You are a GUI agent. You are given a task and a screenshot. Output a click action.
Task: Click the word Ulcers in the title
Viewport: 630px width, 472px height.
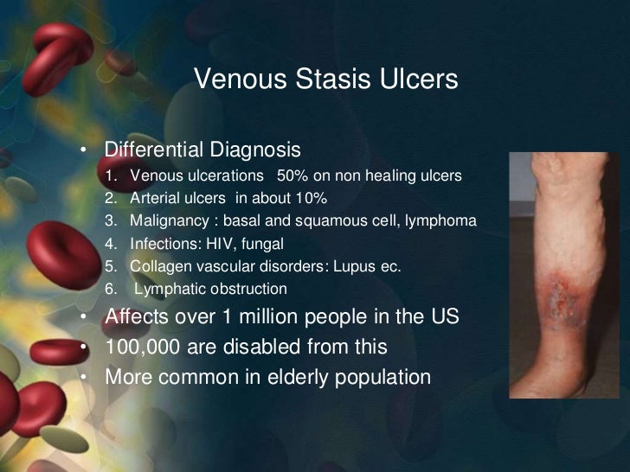(x=421, y=80)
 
